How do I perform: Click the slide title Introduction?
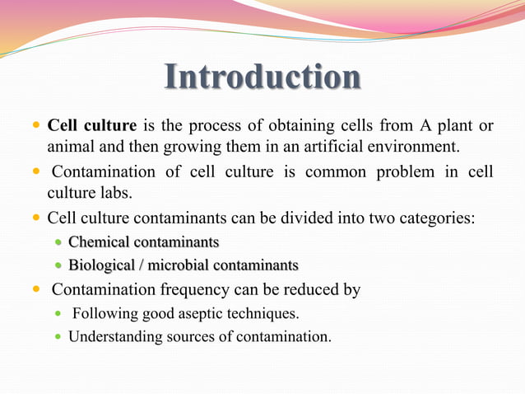(262, 77)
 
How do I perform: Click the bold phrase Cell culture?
(92, 126)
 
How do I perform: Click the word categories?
(436, 218)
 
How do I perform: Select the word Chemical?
(98, 242)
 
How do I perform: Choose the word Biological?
(102, 265)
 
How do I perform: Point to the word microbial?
(179, 265)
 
